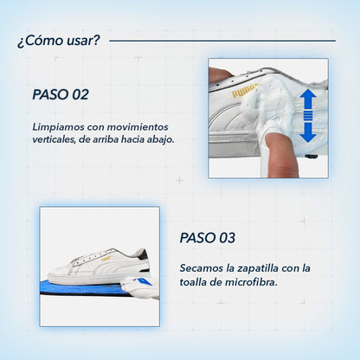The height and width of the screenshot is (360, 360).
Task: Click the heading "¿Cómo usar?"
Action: click(x=58, y=40)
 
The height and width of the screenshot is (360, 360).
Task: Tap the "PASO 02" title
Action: click(x=61, y=94)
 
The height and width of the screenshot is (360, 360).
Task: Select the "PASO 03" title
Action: click(x=208, y=237)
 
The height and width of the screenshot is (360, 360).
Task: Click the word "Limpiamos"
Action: click(x=58, y=126)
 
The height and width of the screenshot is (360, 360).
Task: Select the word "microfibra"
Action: click(x=250, y=281)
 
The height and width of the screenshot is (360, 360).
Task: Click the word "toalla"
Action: click(x=196, y=281)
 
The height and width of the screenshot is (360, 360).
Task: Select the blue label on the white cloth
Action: click(x=145, y=284)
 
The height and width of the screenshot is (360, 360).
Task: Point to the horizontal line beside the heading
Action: click(x=222, y=40)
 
